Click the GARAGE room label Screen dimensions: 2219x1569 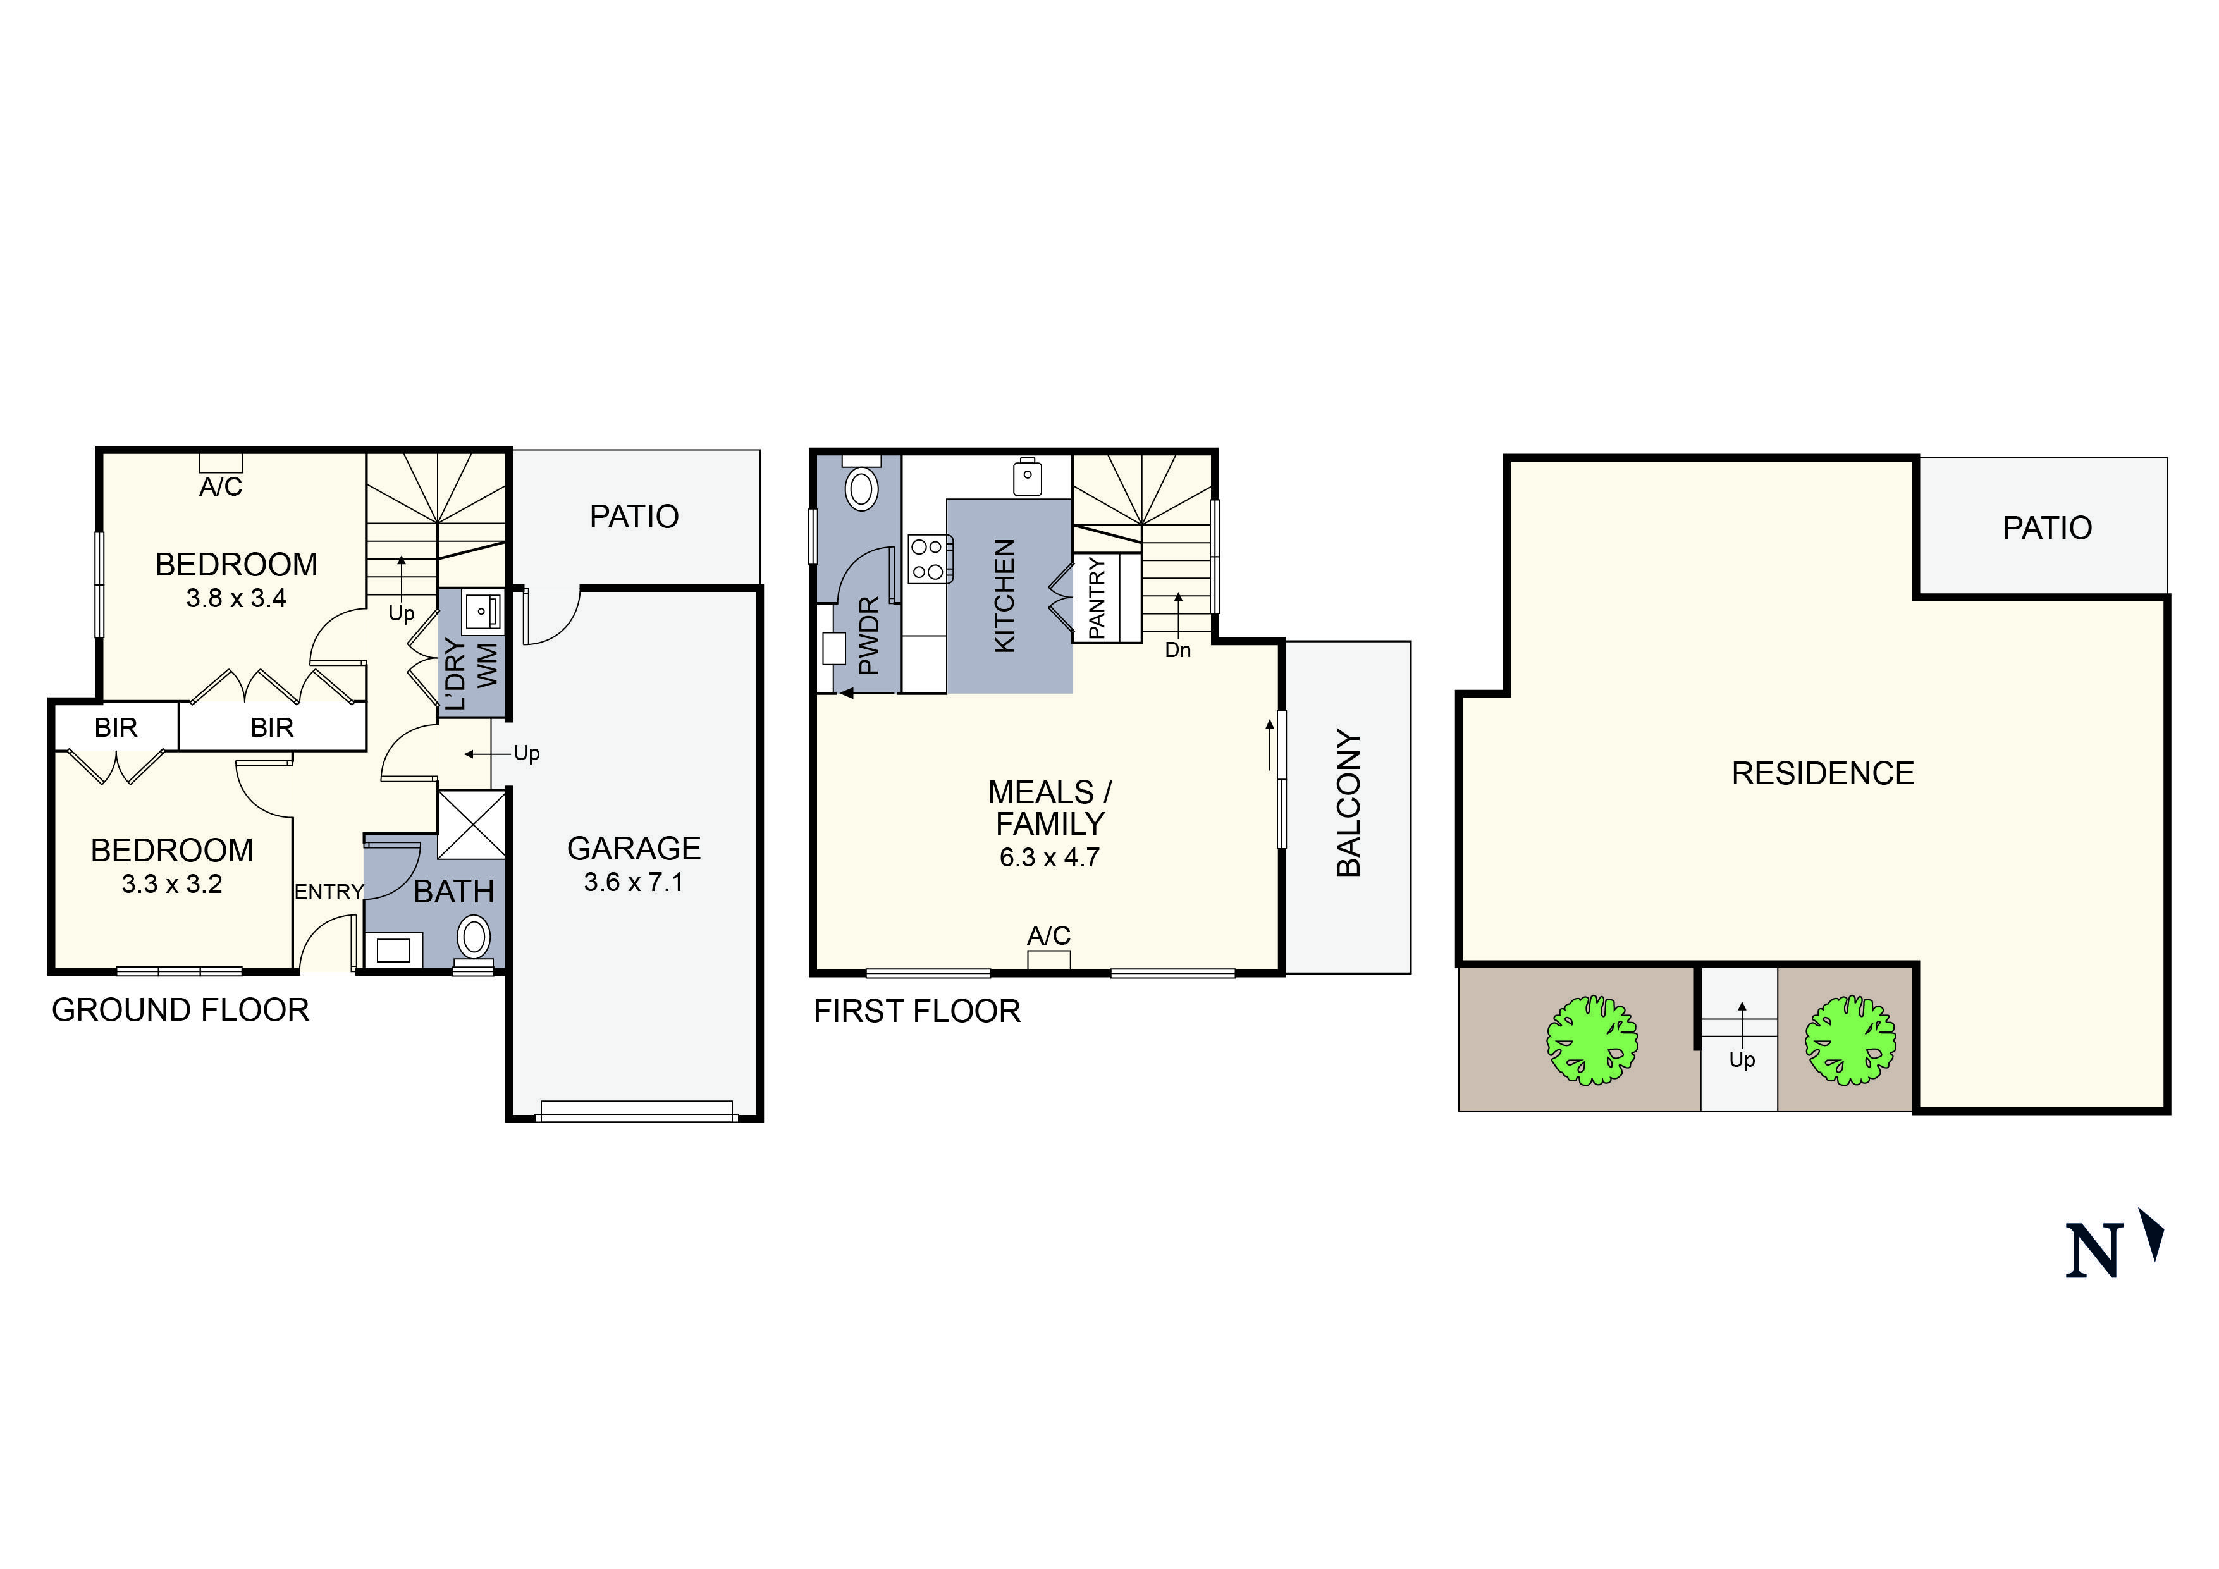tap(634, 849)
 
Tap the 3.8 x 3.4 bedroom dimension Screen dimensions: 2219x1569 tap(237, 598)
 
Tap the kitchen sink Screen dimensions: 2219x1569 tap(1028, 477)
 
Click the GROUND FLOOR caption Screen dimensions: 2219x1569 tap(181, 1010)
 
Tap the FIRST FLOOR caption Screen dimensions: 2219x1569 tap(917, 1011)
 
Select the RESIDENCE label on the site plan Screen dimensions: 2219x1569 tap(1823, 773)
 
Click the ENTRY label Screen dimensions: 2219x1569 tap(329, 892)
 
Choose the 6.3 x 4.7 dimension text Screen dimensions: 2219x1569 tap(1050, 858)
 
